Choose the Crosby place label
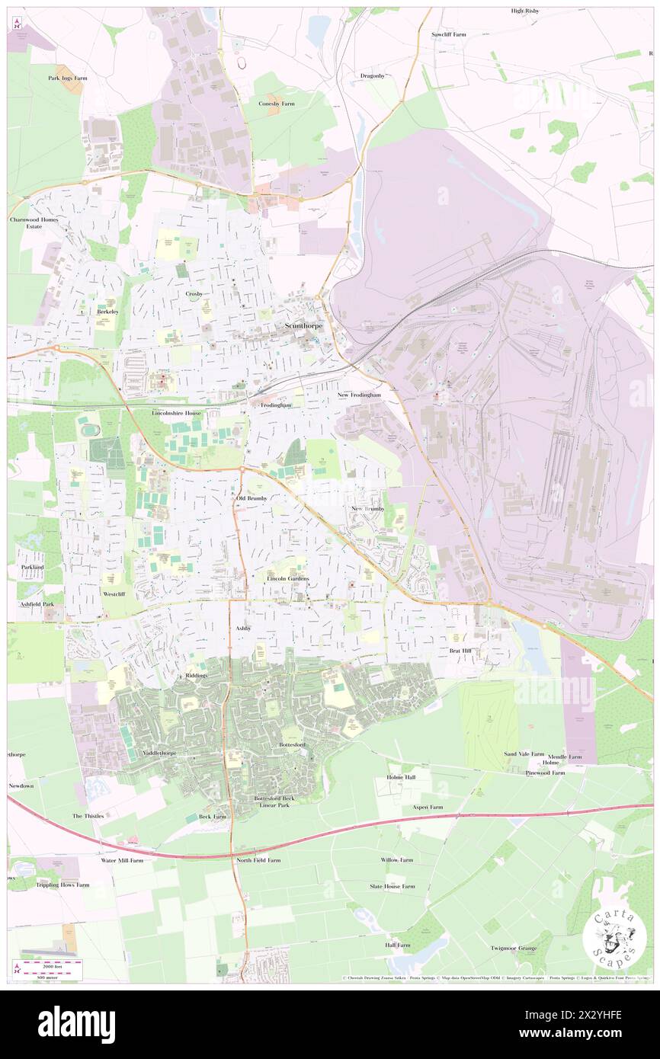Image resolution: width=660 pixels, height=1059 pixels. [x=194, y=293]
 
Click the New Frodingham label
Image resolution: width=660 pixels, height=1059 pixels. [x=364, y=397]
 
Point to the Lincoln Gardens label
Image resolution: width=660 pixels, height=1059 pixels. [x=287, y=579]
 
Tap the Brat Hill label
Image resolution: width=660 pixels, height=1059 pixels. [x=461, y=651]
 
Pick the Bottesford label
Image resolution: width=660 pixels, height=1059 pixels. [x=291, y=743]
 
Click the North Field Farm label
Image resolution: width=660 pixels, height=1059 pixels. [x=258, y=860]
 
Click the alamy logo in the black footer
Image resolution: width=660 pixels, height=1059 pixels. [x=76, y=1025]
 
